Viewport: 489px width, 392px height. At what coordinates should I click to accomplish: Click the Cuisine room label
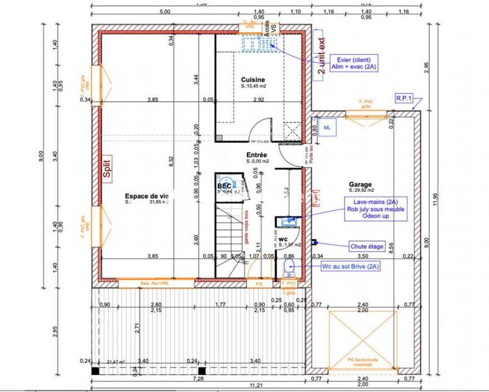pos(252,80)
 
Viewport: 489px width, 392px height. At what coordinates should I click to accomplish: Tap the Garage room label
pos(361,184)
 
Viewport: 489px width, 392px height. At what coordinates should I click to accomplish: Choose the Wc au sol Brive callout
pos(351,267)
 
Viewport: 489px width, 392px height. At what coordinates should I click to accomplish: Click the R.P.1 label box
pos(405,97)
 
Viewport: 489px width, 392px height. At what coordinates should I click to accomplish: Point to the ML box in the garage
pos(326,128)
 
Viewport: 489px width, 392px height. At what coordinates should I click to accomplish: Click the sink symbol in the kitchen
pos(252,43)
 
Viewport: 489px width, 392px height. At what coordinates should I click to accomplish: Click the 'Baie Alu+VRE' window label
pos(153,283)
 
